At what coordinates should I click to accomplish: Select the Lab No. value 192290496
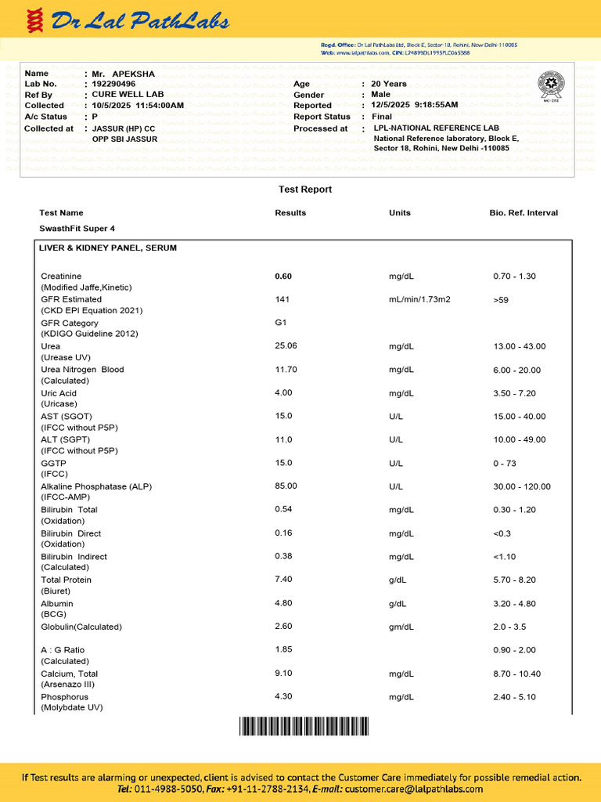point(113,84)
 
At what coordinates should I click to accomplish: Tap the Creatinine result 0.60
point(283,276)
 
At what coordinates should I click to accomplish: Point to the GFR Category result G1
point(281,322)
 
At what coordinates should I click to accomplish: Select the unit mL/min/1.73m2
point(419,299)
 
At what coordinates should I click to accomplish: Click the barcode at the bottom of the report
point(304,728)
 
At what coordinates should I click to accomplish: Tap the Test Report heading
point(305,190)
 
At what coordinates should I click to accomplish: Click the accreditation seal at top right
point(551,85)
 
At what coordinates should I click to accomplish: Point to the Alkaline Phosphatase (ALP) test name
point(96,486)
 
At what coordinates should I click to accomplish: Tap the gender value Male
point(380,94)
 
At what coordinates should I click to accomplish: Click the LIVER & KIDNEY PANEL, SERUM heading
point(108,247)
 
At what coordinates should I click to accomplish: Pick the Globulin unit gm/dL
point(402,627)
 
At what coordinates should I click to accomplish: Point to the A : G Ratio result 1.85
point(283,650)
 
